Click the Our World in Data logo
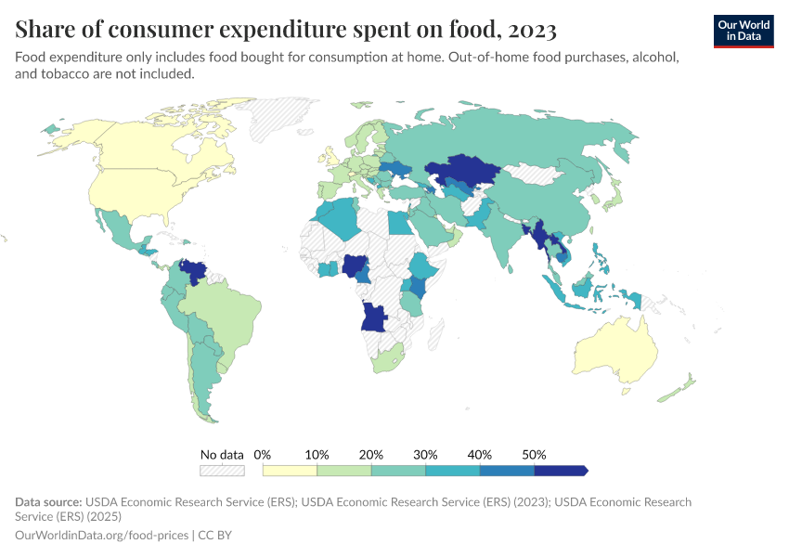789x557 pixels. tap(743, 30)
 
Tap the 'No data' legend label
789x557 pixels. tap(222, 455)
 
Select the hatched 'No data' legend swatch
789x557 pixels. tap(222, 471)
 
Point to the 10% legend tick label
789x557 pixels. tap(317, 455)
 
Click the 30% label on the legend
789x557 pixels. tap(425, 455)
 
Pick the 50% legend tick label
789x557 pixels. tap(534, 455)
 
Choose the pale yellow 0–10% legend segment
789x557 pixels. tap(290, 471)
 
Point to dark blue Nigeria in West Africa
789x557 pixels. tap(356, 266)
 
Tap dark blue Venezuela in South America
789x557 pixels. tap(194, 271)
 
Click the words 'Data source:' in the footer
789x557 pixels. tap(47, 502)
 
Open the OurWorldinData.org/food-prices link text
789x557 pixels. tap(101, 536)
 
